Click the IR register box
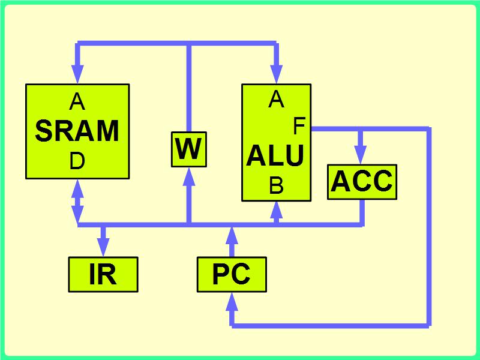click(x=103, y=274)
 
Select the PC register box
click(x=232, y=274)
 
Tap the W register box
click(x=188, y=149)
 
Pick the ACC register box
click(x=362, y=181)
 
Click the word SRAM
click(x=77, y=131)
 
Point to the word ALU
click(x=275, y=156)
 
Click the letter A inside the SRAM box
click(x=77, y=103)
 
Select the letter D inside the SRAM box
click(x=77, y=161)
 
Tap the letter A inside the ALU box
click(x=276, y=99)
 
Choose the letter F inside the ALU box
click(x=299, y=126)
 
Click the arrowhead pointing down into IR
click(x=104, y=247)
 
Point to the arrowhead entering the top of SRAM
click(x=77, y=75)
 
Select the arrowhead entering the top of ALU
click(x=276, y=75)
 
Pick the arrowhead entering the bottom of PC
click(x=232, y=302)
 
